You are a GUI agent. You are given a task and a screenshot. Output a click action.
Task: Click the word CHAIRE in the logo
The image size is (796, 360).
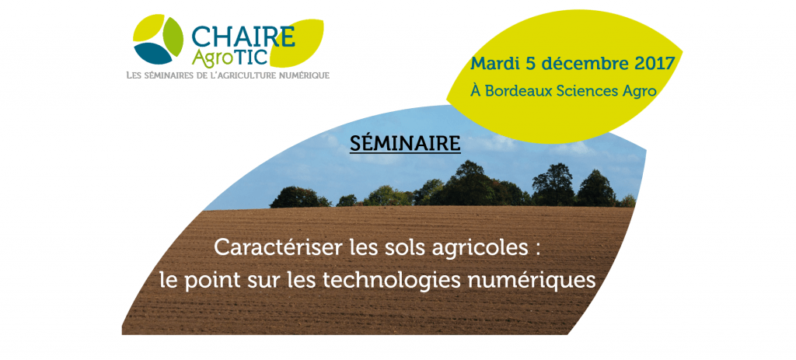tap(243, 37)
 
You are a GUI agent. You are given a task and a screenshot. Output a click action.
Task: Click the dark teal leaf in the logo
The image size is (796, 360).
tap(153, 54)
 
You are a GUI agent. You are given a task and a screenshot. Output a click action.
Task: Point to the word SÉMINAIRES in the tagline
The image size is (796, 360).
tap(169, 75)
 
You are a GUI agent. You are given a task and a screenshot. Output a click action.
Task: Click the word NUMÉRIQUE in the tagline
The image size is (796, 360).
tap(306, 75)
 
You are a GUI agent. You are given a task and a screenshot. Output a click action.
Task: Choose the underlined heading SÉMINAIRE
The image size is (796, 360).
tap(405, 144)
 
